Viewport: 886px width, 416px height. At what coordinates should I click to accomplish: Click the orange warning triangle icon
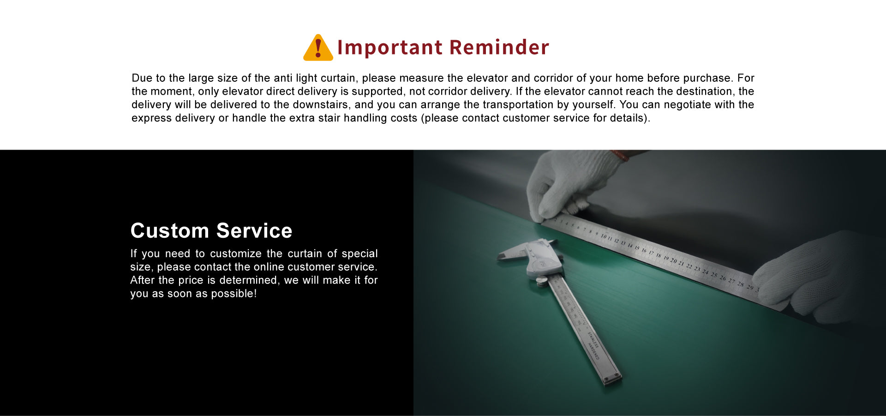(318, 48)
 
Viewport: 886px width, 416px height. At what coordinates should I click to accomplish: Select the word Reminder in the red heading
(499, 47)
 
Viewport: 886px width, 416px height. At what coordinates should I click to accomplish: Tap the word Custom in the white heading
(170, 230)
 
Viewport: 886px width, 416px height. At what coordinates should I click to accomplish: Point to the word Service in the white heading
(254, 230)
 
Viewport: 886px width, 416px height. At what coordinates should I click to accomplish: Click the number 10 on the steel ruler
(604, 236)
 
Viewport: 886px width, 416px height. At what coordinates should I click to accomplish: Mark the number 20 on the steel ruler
(673, 261)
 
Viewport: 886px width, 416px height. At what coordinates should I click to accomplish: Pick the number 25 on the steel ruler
(714, 275)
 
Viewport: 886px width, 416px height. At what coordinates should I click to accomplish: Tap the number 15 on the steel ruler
(637, 248)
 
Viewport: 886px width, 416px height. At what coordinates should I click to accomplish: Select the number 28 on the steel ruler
(741, 284)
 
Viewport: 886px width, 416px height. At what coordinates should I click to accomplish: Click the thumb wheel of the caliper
(542, 280)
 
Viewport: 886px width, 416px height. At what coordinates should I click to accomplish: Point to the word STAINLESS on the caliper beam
(593, 339)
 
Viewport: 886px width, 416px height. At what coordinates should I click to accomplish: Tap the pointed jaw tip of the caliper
(499, 257)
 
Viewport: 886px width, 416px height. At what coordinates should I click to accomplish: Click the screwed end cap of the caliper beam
(612, 379)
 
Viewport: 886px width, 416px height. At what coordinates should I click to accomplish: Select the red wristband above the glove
(620, 155)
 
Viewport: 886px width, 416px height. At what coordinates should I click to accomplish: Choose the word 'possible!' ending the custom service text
(233, 294)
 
